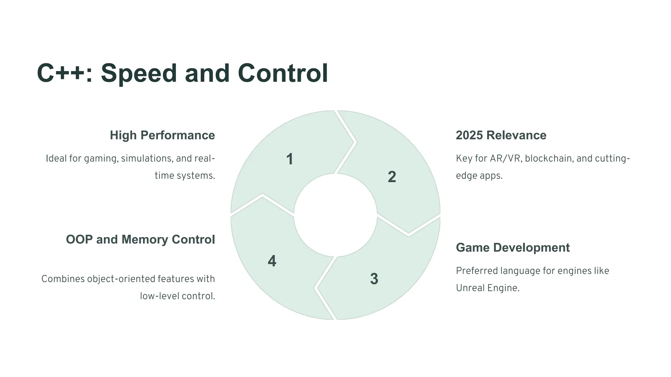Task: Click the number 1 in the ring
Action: click(x=290, y=159)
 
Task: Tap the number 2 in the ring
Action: click(x=392, y=177)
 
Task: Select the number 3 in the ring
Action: click(x=374, y=279)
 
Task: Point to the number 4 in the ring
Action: click(x=272, y=261)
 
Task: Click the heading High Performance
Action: click(x=162, y=135)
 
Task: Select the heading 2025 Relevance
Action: click(x=501, y=135)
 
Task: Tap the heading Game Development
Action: click(x=513, y=248)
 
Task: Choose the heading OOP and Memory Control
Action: click(x=140, y=240)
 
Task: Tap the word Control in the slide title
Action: click(x=283, y=73)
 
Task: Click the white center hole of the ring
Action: click(x=335, y=215)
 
